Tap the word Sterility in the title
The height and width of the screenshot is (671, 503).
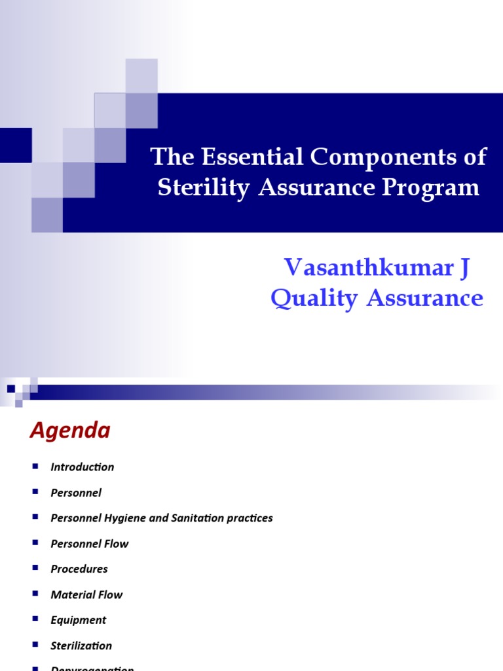(203, 188)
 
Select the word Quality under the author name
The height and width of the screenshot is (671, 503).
(314, 298)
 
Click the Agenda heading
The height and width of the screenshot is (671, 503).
(70, 431)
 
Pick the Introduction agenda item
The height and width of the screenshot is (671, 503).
(83, 467)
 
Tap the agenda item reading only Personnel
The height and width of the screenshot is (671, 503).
(76, 493)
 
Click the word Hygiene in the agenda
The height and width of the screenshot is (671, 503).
(126, 518)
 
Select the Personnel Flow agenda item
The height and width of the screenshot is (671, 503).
(90, 544)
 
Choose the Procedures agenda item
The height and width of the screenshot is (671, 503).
(79, 569)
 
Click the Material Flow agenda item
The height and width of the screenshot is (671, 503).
(86, 595)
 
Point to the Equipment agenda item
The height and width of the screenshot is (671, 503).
(79, 620)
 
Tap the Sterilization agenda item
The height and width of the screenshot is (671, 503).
(81, 645)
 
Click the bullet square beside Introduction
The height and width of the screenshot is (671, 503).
(35, 466)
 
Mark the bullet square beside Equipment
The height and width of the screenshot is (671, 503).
(35, 619)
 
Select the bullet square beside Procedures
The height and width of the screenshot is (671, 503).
(35, 568)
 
